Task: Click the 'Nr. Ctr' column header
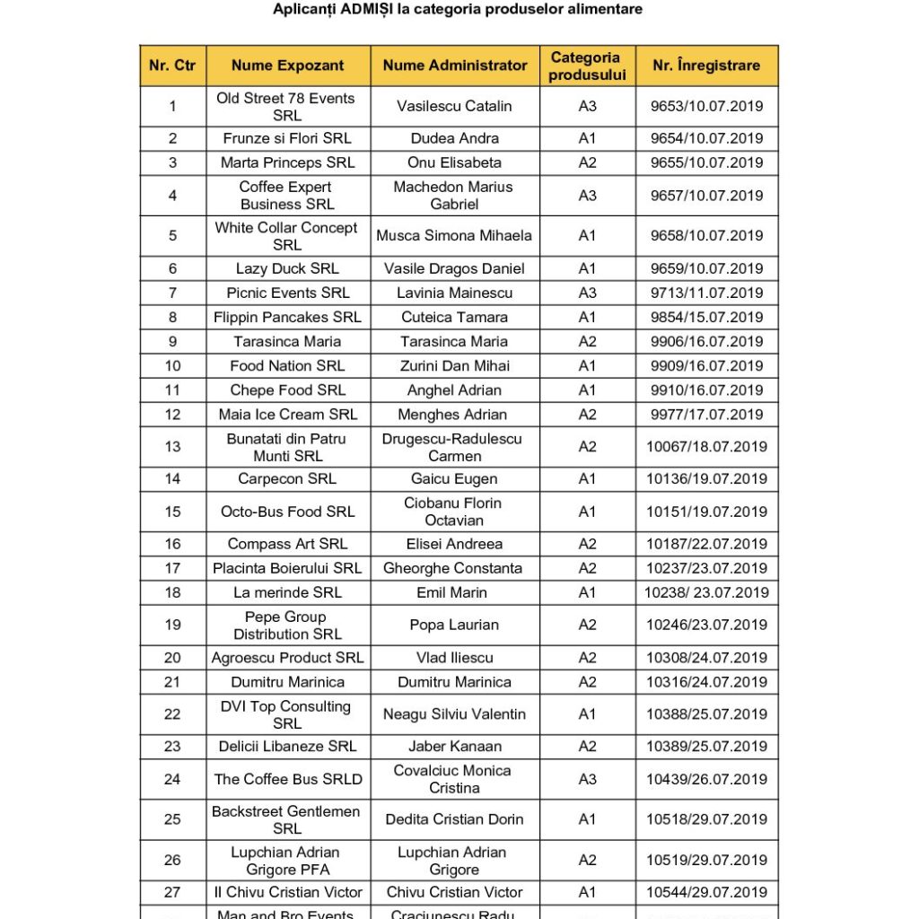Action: coord(172,66)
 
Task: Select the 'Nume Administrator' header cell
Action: coord(455,66)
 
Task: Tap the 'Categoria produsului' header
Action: coord(587,66)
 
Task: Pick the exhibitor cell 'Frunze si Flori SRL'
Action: coord(287,138)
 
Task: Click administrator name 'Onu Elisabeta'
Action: coord(455,162)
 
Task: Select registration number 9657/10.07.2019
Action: coord(707,196)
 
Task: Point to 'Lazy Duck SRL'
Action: coord(287,268)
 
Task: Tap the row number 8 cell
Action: coord(172,317)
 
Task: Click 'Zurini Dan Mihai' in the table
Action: coord(455,365)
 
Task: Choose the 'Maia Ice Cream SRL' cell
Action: coord(287,415)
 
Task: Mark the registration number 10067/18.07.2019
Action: coord(707,447)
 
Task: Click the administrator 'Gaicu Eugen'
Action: coord(455,479)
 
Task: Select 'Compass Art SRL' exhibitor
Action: coord(287,544)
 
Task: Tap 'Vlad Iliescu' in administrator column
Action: coord(455,658)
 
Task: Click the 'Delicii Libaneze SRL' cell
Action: coord(287,747)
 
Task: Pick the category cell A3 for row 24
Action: coord(587,779)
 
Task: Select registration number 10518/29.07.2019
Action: coord(707,819)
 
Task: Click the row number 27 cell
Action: coord(172,892)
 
